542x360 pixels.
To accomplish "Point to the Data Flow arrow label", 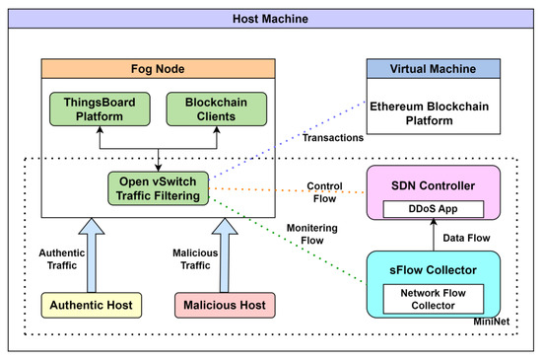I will [464, 237].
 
